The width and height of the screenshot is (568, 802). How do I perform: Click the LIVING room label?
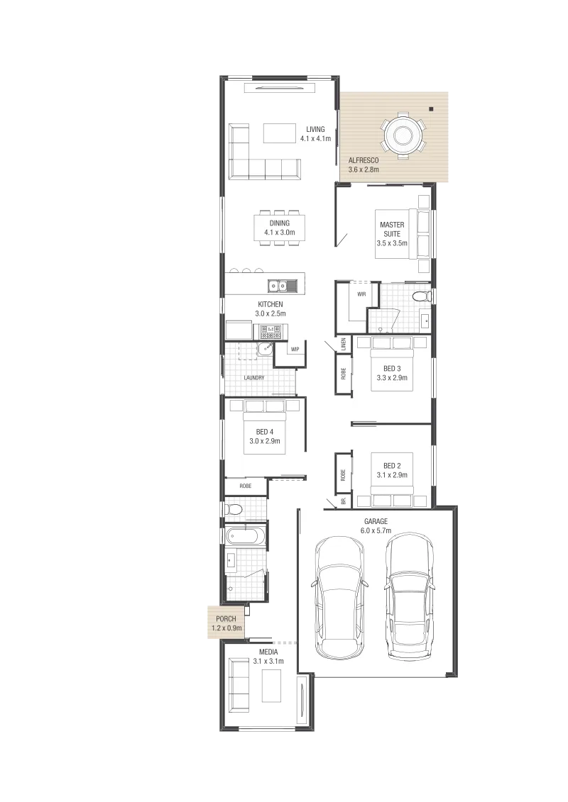[x=315, y=129]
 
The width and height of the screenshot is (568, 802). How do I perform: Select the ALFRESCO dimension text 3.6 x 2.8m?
[x=364, y=169]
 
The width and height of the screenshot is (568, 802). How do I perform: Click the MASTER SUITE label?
[x=392, y=229]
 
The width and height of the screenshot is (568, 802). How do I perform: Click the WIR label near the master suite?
[x=361, y=294]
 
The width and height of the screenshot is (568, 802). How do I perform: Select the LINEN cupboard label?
[x=344, y=344]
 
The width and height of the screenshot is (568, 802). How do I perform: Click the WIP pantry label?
[x=295, y=350]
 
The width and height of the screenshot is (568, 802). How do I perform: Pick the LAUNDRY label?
[x=254, y=377]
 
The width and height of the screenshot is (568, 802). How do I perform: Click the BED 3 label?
[x=392, y=368]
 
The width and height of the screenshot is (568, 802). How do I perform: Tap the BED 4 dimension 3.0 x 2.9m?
[x=265, y=441]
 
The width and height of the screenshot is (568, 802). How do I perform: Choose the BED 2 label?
[x=392, y=466]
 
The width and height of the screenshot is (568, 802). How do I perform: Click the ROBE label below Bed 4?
[x=246, y=486]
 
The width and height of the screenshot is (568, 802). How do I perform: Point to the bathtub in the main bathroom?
[x=246, y=536]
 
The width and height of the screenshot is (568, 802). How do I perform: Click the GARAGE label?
[x=376, y=521]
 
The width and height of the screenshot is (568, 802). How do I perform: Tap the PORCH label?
[x=226, y=619]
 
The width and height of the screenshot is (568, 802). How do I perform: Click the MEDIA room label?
[x=268, y=652]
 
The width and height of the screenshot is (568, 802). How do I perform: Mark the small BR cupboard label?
[x=344, y=501]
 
